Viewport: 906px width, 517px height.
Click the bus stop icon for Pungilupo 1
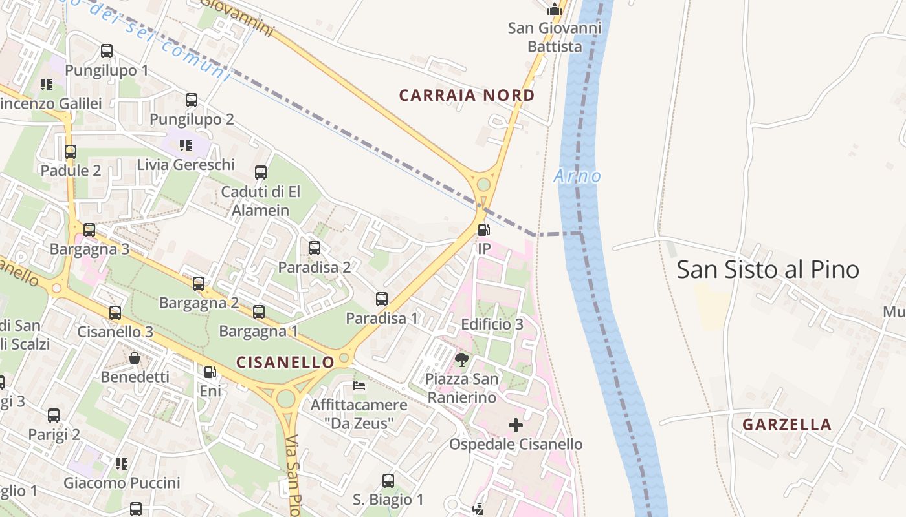[x=107, y=51]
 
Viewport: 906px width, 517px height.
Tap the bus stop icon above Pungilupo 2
[x=192, y=100]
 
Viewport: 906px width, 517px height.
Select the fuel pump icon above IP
[x=483, y=230]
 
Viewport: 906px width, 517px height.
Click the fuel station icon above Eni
[x=210, y=372]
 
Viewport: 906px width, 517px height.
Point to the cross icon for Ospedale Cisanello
[x=516, y=425]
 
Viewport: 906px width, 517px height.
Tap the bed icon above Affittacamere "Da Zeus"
[x=359, y=386]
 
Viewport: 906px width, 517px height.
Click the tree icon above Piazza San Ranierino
[x=461, y=359]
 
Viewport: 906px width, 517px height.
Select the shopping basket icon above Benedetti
[x=135, y=358]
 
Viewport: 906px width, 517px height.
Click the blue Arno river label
[x=577, y=176]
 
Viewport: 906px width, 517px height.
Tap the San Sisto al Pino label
[x=768, y=269]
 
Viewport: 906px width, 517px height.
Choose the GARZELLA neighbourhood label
[x=786, y=425]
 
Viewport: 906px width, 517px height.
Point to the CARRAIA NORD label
[x=467, y=96]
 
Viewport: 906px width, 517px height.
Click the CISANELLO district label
[x=285, y=363]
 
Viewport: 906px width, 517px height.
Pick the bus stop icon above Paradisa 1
[x=382, y=299]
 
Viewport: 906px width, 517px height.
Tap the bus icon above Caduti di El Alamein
[x=261, y=173]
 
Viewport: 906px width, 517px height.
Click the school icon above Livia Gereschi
[x=186, y=145]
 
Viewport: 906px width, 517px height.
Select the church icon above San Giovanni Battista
[x=555, y=9]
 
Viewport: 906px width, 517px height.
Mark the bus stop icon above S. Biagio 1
[x=388, y=481]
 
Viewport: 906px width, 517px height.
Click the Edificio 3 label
[x=492, y=324]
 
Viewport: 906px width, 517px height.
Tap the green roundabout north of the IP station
[x=483, y=185]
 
